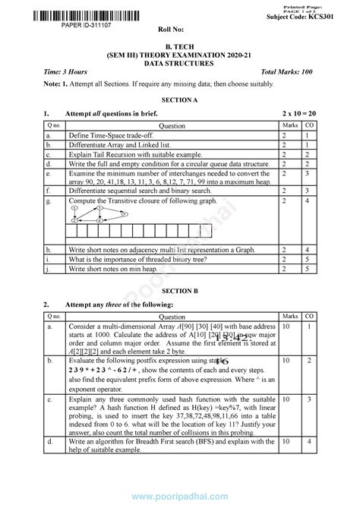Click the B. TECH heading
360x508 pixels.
[x=179, y=46]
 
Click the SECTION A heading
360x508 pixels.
[x=179, y=100]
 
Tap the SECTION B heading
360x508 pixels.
[x=179, y=289]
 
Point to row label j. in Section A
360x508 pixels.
[x=48, y=268]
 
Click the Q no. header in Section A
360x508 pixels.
[x=54, y=125]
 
